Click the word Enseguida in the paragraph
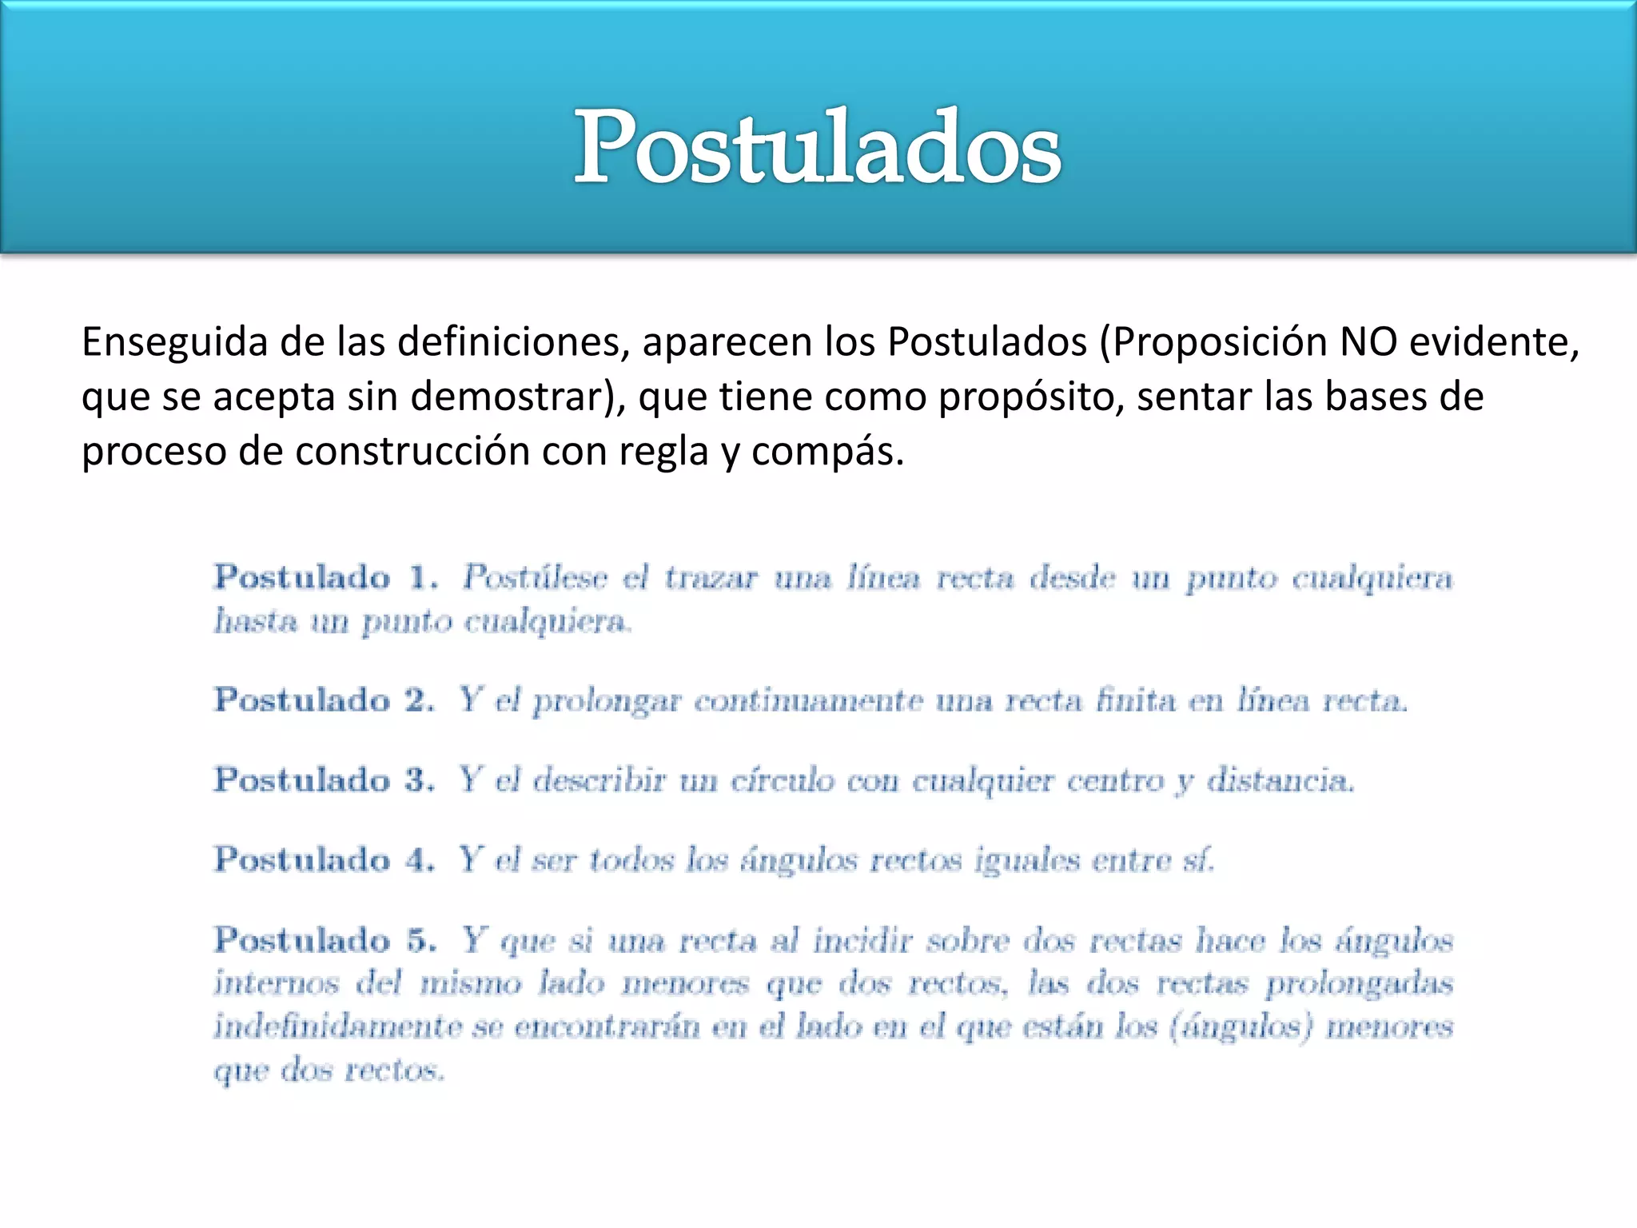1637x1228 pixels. tap(173, 343)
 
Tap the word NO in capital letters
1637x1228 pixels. tap(1368, 341)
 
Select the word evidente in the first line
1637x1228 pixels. tap(1494, 341)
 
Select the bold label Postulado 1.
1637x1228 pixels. tap(326, 577)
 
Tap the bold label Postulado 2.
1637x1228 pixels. tap(325, 700)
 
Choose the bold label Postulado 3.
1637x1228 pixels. tap(325, 779)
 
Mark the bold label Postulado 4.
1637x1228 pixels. tap(325, 859)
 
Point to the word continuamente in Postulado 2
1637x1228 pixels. tap(808, 701)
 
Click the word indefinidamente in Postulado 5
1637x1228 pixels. tap(337, 1026)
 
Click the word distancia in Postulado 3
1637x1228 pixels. tap(1280, 780)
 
